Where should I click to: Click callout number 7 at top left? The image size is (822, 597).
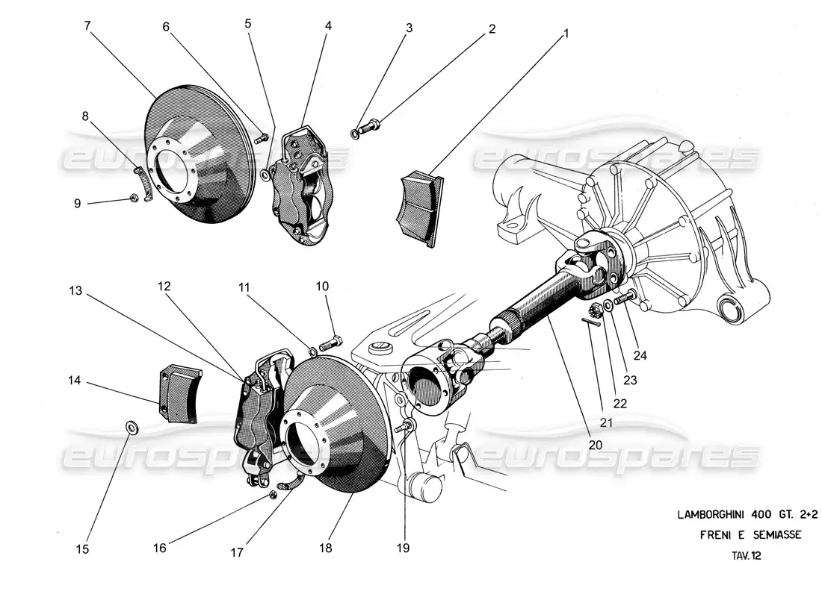(x=87, y=26)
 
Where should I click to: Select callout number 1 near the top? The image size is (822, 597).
(x=566, y=34)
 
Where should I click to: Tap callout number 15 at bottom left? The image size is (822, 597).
(x=83, y=549)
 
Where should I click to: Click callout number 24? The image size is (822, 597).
(x=640, y=355)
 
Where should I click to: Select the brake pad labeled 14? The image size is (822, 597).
(x=178, y=393)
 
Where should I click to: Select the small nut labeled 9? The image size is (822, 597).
(x=132, y=198)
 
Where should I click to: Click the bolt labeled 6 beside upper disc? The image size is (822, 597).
(x=262, y=137)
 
